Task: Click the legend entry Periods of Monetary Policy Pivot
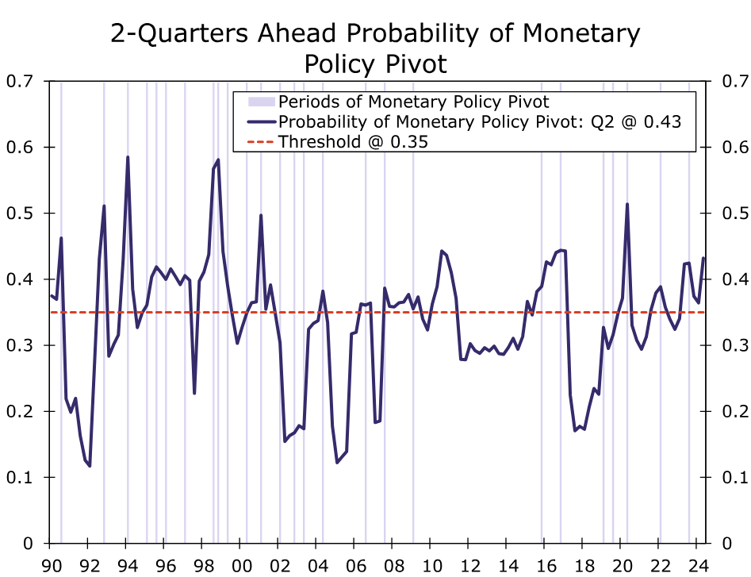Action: (413, 102)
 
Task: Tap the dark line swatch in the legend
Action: (261, 122)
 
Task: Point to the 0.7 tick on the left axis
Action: (20, 81)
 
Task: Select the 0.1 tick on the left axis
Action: (20, 477)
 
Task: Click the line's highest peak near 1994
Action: (128, 157)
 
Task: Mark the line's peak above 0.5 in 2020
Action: (627, 204)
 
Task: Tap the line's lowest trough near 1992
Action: (90, 466)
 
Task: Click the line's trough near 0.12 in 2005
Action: (337, 462)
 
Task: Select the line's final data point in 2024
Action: (703, 259)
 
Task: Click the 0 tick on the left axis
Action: (28, 544)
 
